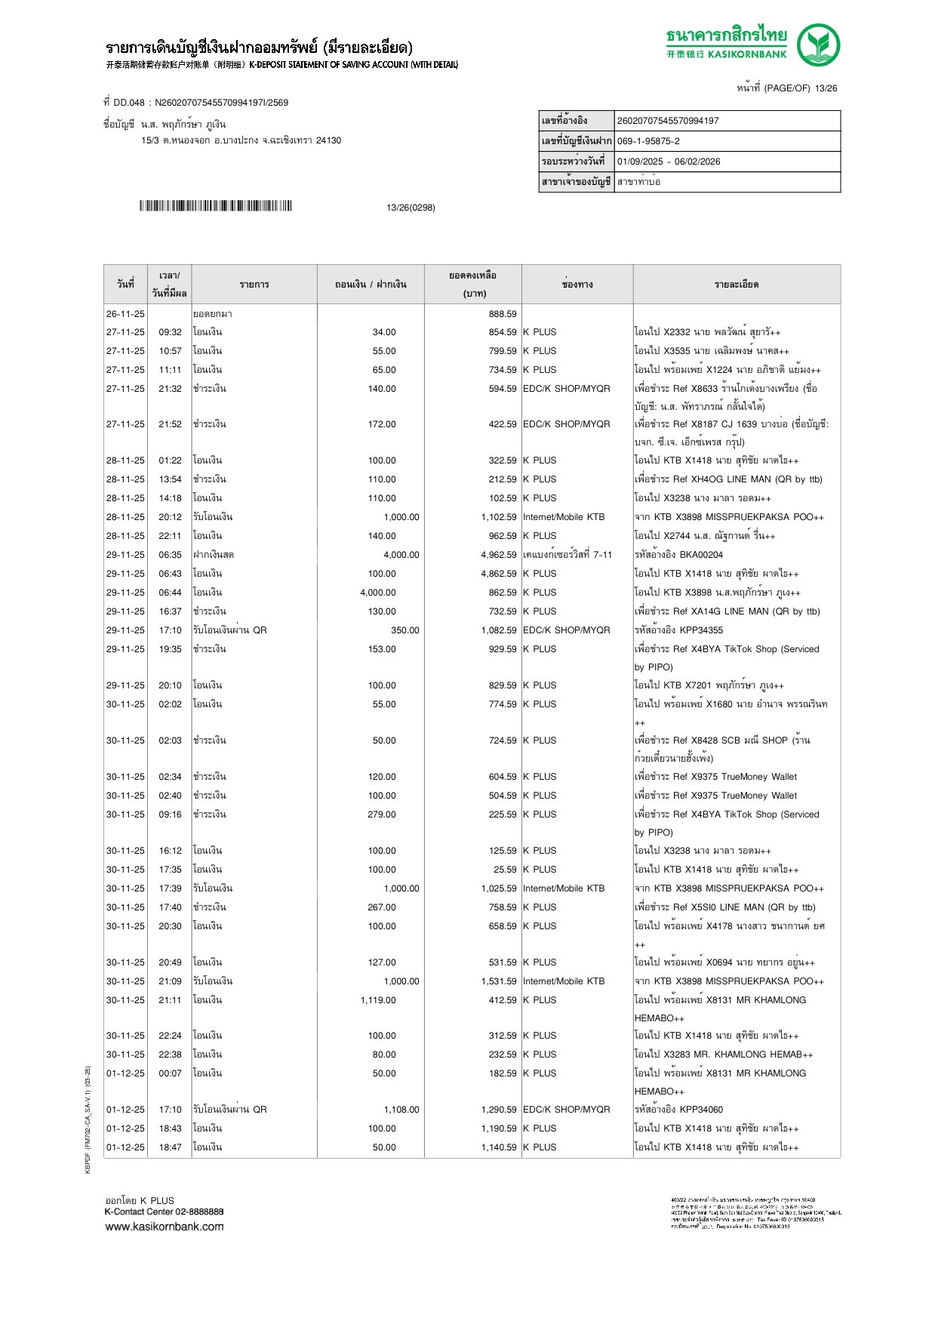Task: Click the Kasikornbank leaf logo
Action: click(x=819, y=45)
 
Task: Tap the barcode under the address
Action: click(x=215, y=206)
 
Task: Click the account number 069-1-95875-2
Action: click(x=648, y=141)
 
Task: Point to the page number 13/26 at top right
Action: click(x=826, y=88)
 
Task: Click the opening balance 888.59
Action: click(x=503, y=314)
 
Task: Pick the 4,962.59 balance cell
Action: click(x=498, y=555)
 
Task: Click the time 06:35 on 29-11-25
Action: click(x=170, y=555)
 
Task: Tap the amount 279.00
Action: click(x=381, y=814)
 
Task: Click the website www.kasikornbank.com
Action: click(x=165, y=1227)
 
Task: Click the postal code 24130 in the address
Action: click(x=328, y=140)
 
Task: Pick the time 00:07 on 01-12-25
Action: click(x=170, y=1073)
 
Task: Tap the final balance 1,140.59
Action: click(x=498, y=1147)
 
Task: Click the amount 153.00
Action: click(x=381, y=649)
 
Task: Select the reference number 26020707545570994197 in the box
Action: click(x=668, y=121)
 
